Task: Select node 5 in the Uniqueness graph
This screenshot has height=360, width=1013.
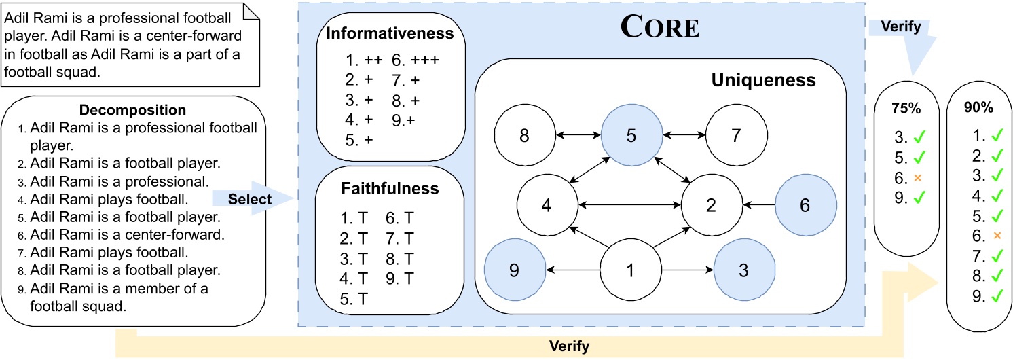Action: (x=631, y=137)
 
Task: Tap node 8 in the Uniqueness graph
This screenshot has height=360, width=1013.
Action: (x=524, y=137)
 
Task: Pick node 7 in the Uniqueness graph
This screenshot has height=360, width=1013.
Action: (x=736, y=137)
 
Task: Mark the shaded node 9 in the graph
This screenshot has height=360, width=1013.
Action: (x=514, y=270)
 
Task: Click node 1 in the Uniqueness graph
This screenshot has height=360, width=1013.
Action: (x=631, y=270)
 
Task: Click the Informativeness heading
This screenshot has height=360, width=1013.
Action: (x=390, y=34)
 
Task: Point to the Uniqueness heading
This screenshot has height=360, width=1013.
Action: (x=763, y=81)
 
